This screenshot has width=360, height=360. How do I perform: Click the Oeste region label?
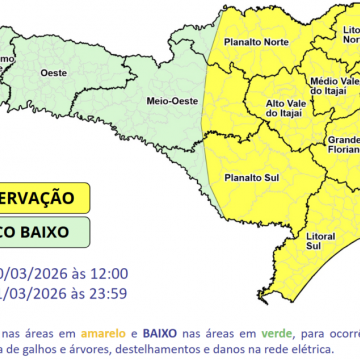point(52,73)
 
